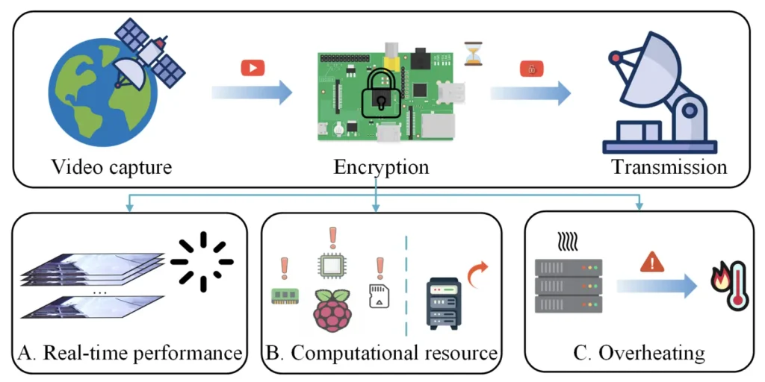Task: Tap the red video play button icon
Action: click(253, 68)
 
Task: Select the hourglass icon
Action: click(473, 54)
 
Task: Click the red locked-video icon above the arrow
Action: click(532, 69)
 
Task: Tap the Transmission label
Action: click(669, 166)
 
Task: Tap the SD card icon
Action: click(380, 296)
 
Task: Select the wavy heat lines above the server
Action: click(568, 241)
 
